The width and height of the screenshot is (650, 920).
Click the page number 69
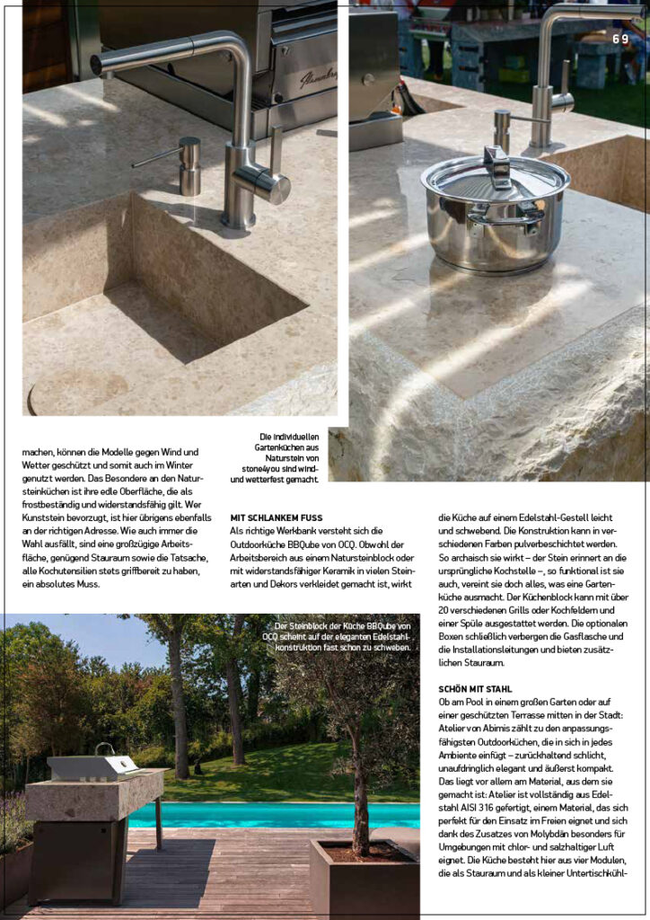[621, 39]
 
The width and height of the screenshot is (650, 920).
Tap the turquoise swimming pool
[269, 815]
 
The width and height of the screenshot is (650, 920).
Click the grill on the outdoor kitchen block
[92, 766]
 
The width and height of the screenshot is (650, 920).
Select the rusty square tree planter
[364, 878]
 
